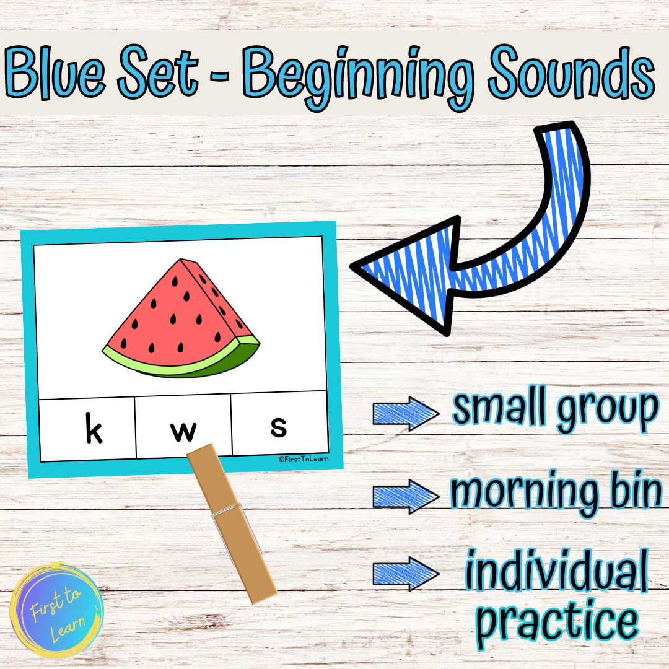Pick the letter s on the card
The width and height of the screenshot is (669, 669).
point(279,427)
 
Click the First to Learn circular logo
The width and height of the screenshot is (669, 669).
point(57,610)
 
